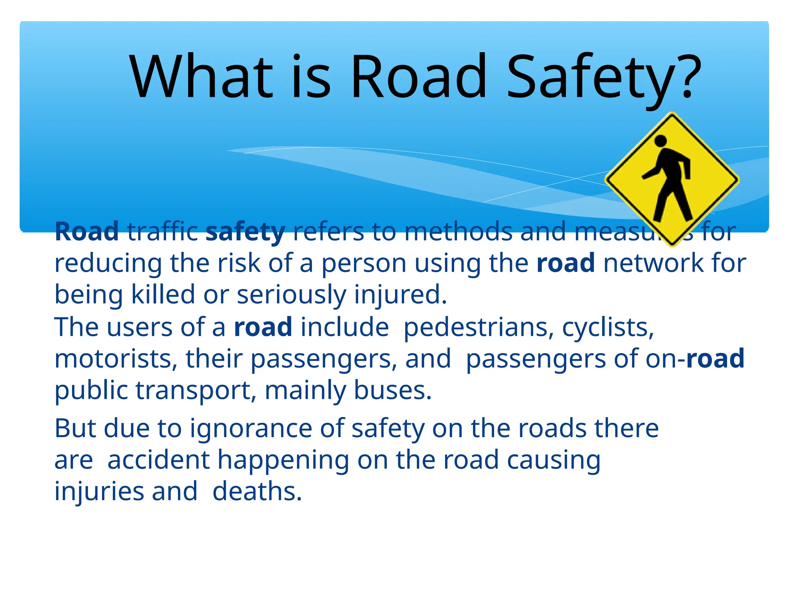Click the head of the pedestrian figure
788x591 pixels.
[x=660, y=141]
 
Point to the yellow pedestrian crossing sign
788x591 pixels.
[x=671, y=179]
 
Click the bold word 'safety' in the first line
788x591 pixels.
[x=245, y=232]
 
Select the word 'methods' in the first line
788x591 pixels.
[x=458, y=232]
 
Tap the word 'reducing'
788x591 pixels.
[x=108, y=264]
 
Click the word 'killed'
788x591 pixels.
[x=163, y=295]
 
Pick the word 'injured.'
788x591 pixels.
[x=400, y=295]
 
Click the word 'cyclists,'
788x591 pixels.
[x=608, y=328]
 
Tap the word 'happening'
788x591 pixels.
[x=284, y=461]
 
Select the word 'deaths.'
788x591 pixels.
[x=257, y=492]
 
